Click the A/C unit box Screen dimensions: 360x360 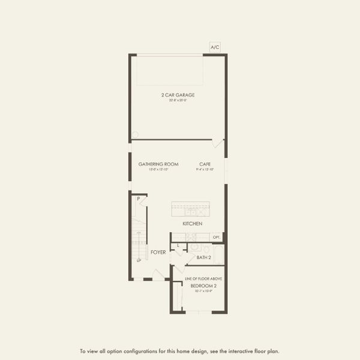pyautogui.click(x=215, y=46)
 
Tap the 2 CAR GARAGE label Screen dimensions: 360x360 pyautogui.click(x=178, y=95)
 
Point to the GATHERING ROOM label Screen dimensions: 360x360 pyautogui.click(x=159, y=164)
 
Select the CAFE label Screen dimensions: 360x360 pyautogui.click(x=205, y=164)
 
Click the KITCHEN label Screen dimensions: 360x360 pyautogui.click(x=193, y=224)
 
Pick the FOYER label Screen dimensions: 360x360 pyautogui.click(x=158, y=252)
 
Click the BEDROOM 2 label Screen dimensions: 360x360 pyautogui.click(x=203, y=286)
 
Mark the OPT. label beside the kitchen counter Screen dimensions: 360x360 pyautogui.click(x=217, y=237)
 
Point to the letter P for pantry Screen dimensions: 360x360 pyautogui.click(x=138, y=199)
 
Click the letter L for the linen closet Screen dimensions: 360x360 pyautogui.click(x=178, y=246)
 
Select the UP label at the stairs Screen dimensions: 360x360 pyautogui.click(x=139, y=260)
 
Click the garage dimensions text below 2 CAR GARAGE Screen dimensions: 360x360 pyautogui.click(x=178, y=100)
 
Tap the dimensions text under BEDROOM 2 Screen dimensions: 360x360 pyautogui.click(x=203, y=291)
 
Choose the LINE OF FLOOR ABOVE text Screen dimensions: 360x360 pyautogui.click(x=203, y=279)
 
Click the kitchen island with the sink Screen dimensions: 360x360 pyautogui.click(x=190, y=209)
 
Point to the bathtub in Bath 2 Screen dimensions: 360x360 pyautogui.click(x=218, y=254)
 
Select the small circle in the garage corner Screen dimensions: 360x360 pyautogui.click(x=135, y=134)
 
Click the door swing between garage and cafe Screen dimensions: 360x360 pyautogui.click(x=218, y=144)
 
